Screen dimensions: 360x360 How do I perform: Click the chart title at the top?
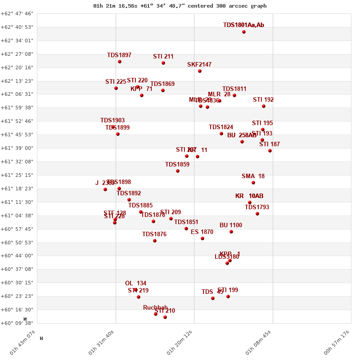(180, 6)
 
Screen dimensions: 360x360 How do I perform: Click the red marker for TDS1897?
(120, 62)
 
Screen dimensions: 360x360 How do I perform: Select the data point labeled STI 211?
(163, 63)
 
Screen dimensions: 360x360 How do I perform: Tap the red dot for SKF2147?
(200, 71)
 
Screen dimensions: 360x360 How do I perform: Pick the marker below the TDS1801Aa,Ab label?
(244, 32)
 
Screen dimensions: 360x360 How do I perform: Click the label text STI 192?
(263, 100)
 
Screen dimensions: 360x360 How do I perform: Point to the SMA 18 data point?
(253, 183)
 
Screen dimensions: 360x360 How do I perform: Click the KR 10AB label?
(249, 196)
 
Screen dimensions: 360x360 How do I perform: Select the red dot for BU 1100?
(231, 232)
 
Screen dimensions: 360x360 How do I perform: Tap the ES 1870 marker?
(202, 238)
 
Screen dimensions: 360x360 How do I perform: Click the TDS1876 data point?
(155, 241)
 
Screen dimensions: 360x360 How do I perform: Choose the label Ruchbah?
(155, 308)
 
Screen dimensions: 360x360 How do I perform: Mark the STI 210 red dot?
(165, 317)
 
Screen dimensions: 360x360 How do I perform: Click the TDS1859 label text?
(177, 165)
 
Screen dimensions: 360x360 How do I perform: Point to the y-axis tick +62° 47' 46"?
(17, 14)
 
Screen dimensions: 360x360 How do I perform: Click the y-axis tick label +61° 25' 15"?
(17, 175)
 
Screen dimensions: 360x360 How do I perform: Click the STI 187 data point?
(270, 151)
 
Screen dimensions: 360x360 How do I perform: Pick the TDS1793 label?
(257, 207)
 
